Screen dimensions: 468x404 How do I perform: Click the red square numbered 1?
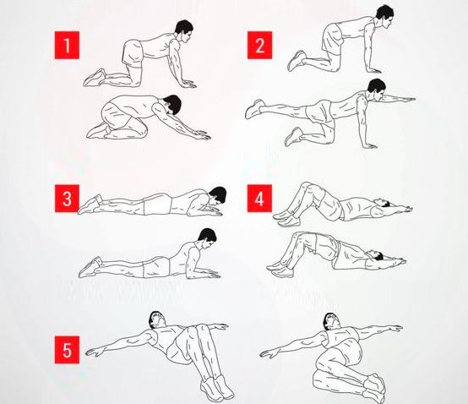[x=67, y=45]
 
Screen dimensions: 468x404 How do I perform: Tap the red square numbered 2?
[x=259, y=45]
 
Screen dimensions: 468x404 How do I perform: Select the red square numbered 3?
[x=67, y=199]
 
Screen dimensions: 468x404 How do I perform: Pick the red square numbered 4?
[x=259, y=199]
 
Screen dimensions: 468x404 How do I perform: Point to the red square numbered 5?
[x=67, y=350]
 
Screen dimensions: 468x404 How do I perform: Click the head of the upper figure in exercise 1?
[x=184, y=30]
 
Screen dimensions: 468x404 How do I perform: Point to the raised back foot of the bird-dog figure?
[x=254, y=109]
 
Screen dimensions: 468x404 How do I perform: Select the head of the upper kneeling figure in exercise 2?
[x=384, y=17]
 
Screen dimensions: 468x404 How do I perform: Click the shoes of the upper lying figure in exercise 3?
[x=90, y=205]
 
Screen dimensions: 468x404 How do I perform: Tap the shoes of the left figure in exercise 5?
[x=217, y=387]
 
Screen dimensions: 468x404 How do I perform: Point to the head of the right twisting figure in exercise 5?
[x=330, y=321]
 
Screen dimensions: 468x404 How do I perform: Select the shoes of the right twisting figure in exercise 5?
[x=373, y=387]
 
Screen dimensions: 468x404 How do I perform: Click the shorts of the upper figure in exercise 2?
[x=331, y=37]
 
